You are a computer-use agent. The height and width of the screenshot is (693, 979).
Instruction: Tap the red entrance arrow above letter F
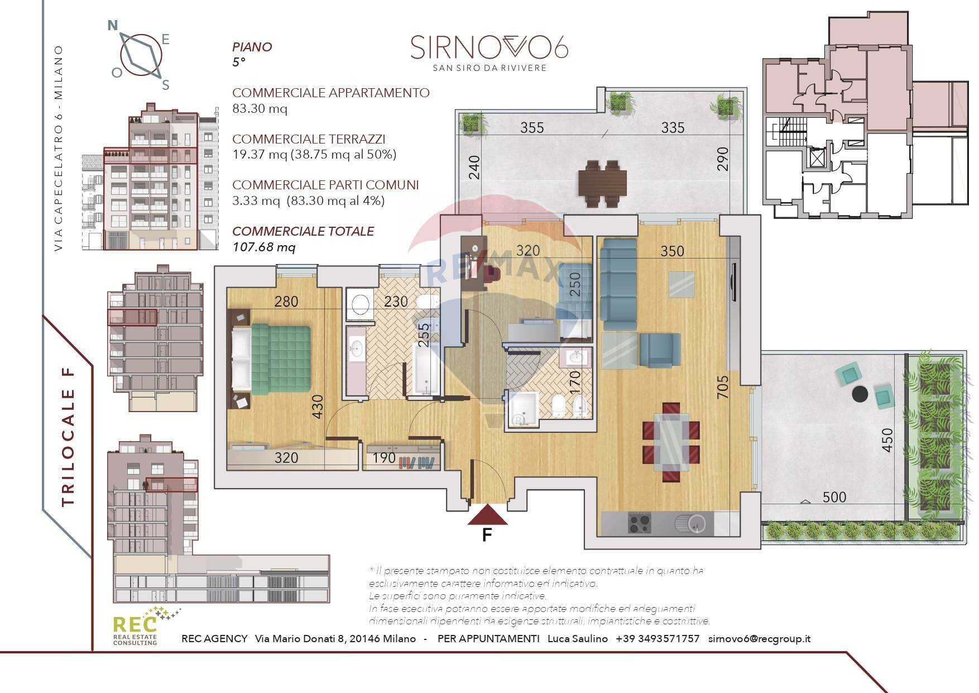point(487,515)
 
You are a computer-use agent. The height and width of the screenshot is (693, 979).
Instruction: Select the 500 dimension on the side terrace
point(834,497)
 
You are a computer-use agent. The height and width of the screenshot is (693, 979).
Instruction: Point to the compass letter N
point(113,26)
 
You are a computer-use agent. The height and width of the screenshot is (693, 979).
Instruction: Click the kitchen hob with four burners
point(640,523)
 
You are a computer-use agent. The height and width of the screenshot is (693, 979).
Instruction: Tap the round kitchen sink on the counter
point(695,524)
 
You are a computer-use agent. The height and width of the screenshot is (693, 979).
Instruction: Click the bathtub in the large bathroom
point(426,369)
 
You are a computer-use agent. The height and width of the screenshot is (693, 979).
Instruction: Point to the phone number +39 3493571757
point(658,639)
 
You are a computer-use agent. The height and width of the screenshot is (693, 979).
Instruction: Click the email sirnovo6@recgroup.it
point(759,639)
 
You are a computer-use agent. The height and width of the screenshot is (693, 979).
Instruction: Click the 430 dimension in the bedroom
point(317,407)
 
